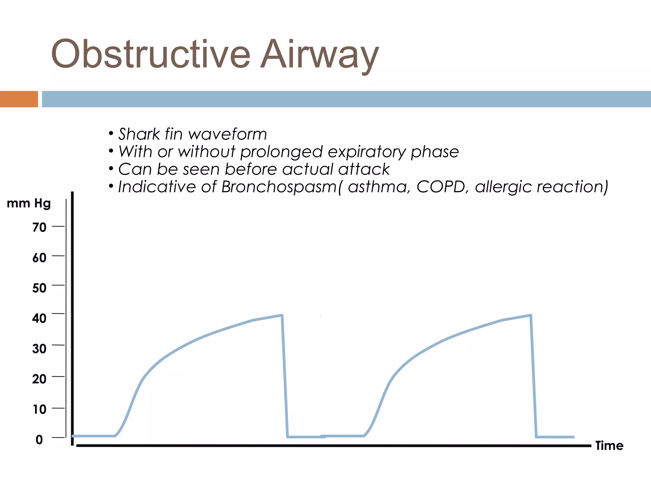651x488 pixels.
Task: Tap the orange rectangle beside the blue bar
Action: [19, 99]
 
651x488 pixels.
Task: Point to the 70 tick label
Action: [39, 227]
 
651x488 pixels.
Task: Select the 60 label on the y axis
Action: [39, 258]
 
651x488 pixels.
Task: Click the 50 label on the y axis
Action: [39, 288]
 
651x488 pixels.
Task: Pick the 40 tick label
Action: [39, 318]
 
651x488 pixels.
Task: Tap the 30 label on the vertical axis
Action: [39, 349]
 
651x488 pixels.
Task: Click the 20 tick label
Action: [39, 379]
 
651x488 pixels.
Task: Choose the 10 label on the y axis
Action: [39, 410]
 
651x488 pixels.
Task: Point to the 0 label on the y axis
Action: [39, 440]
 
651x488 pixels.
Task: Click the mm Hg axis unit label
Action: [29, 203]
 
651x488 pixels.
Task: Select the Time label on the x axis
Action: [609, 446]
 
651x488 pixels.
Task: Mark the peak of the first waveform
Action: [282, 315]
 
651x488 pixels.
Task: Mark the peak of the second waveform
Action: [530, 315]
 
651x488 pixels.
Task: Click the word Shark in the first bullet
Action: [139, 134]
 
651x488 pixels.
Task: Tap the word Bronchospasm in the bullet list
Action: [279, 187]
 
